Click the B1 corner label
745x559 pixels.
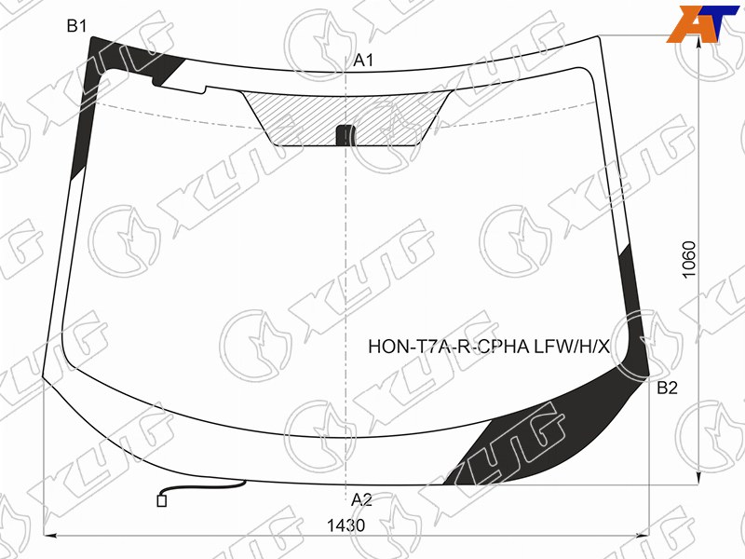tap(76, 26)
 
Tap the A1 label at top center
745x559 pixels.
tap(363, 61)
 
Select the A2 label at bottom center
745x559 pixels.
tap(361, 499)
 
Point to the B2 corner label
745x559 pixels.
tap(667, 388)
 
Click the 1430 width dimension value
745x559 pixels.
tap(345, 525)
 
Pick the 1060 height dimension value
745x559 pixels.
tap(688, 260)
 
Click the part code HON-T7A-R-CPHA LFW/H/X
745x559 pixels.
tap(488, 347)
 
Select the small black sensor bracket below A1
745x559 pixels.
tap(345, 134)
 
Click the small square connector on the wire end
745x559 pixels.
tap(161, 500)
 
